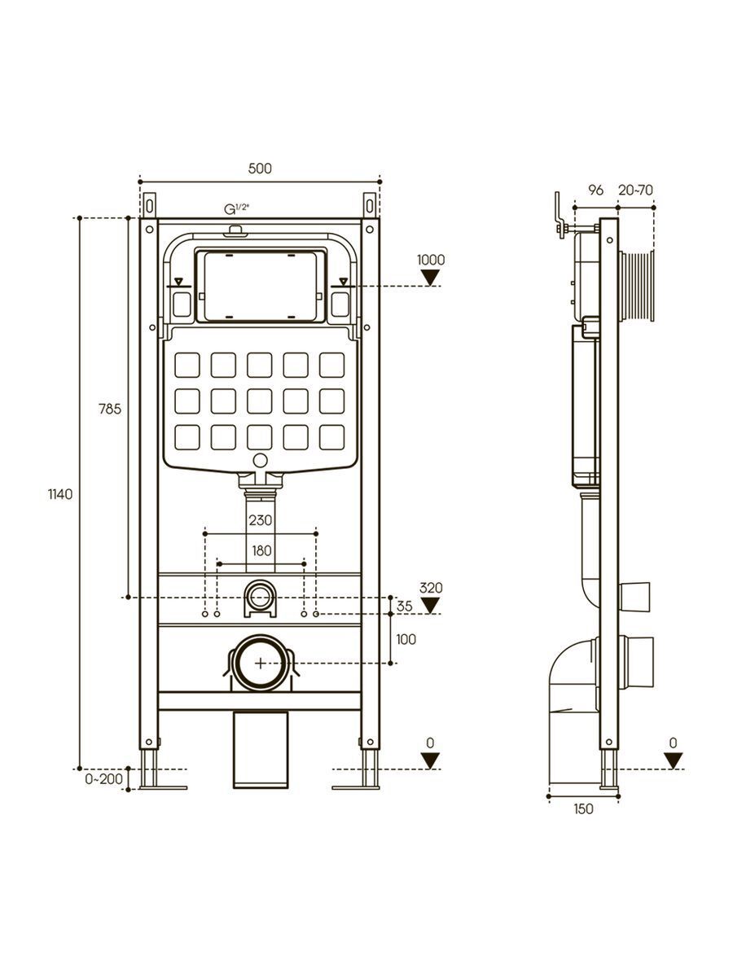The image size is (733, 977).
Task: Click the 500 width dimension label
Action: pyautogui.click(x=259, y=169)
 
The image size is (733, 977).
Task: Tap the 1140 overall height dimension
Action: pyautogui.click(x=61, y=494)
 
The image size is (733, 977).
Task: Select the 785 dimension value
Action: pyautogui.click(x=111, y=410)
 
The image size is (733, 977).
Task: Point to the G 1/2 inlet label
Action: pyautogui.click(x=236, y=209)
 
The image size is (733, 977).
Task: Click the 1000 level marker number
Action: pyautogui.click(x=431, y=261)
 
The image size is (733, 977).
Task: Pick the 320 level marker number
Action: pyautogui.click(x=431, y=588)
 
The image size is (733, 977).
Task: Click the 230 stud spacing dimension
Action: pyautogui.click(x=261, y=520)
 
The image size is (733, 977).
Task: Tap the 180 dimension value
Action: pyautogui.click(x=261, y=550)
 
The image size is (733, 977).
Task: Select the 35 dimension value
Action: pyautogui.click(x=405, y=606)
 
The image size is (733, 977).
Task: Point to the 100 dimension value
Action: pyautogui.click(x=406, y=639)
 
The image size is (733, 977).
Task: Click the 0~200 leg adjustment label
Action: pyautogui.click(x=103, y=779)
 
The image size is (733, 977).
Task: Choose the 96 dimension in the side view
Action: pyautogui.click(x=595, y=191)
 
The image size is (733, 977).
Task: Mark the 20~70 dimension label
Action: pyautogui.click(x=635, y=191)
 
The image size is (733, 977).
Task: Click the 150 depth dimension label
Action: pyautogui.click(x=583, y=808)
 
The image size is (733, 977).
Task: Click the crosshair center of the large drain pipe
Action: pyautogui.click(x=260, y=663)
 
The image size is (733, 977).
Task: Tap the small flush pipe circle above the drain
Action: pyautogui.click(x=260, y=595)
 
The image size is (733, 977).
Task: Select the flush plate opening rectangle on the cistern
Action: pyautogui.click(x=261, y=286)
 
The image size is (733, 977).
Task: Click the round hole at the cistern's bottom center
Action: pyautogui.click(x=261, y=462)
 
